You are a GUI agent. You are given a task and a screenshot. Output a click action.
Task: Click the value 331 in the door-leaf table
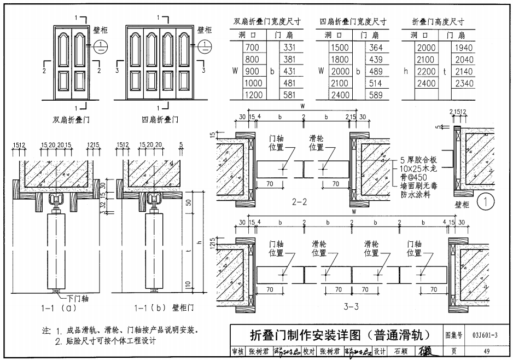tap(289, 48)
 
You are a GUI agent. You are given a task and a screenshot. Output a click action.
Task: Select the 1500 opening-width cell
tap(340, 48)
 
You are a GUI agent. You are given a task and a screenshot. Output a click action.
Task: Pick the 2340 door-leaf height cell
tap(464, 83)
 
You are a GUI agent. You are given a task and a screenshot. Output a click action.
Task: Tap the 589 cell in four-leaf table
tap(376, 95)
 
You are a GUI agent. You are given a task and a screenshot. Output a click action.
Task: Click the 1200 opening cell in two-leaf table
tap(253, 95)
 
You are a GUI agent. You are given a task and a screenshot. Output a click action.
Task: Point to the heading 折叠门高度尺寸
tap(438, 22)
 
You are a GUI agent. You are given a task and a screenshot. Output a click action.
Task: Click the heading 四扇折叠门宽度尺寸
tap(353, 22)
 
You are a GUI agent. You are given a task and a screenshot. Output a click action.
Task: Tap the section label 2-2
tap(299, 202)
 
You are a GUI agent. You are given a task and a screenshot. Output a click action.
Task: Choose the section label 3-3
tap(351, 306)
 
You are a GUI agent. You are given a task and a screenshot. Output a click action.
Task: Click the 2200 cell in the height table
tap(427, 71)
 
